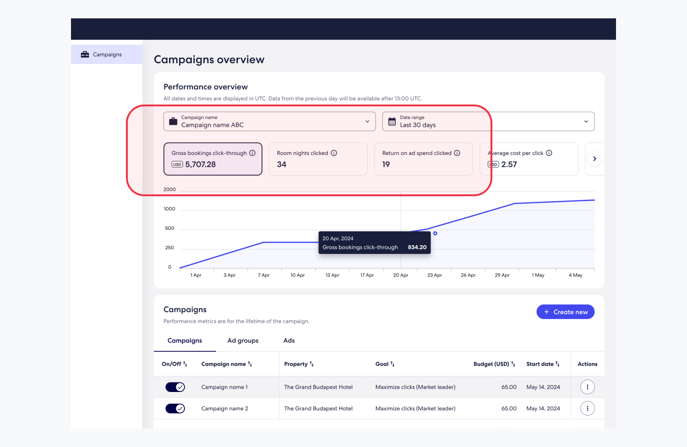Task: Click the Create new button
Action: click(x=565, y=312)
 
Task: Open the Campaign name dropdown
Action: click(x=269, y=121)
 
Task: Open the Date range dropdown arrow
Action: click(x=586, y=121)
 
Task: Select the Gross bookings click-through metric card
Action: click(x=213, y=159)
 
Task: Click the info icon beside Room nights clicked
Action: click(x=334, y=153)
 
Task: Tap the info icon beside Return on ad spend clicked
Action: click(x=457, y=153)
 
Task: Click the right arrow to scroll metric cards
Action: click(x=594, y=159)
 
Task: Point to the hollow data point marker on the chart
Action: click(x=435, y=233)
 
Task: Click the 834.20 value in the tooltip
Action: click(x=417, y=247)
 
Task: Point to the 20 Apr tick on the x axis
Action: click(x=401, y=275)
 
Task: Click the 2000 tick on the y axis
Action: click(x=169, y=189)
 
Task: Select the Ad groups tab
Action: click(x=243, y=341)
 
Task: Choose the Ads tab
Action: click(x=289, y=341)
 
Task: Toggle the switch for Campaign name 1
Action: click(x=175, y=387)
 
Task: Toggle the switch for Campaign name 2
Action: click(x=175, y=408)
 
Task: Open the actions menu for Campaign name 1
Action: click(x=587, y=387)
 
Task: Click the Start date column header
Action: click(x=543, y=364)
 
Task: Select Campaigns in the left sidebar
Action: click(x=107, y=55)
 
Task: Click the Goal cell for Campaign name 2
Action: click(x=415, y=408)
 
